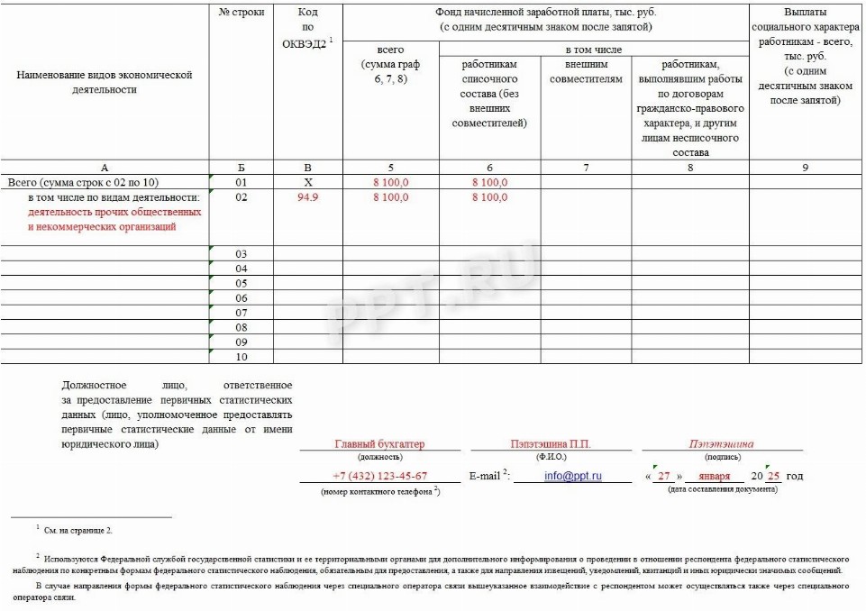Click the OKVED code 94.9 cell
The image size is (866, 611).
(308, 197)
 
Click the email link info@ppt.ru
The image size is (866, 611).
(573, 476)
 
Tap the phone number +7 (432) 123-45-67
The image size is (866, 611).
(379, 476)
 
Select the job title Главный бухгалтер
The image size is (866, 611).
(379, 444)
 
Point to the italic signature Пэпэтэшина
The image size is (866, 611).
(721, 444)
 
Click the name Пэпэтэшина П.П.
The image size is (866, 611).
(551, 444)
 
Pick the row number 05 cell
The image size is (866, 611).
(241, 283)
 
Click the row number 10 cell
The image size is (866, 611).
(241, 357)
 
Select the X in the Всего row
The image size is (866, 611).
(308, 183)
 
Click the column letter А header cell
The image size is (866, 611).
(105, 168)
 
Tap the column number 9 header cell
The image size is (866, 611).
(805, 168)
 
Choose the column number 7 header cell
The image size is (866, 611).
(586, 168)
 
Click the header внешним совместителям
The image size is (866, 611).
(586, 72)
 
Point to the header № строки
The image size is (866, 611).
(241, 13)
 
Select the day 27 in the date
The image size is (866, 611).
(664, 476)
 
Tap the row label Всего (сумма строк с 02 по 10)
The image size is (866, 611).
(83, 183)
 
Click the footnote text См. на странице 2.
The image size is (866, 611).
(77, 531)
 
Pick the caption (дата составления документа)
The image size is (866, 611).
(722, 489)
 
